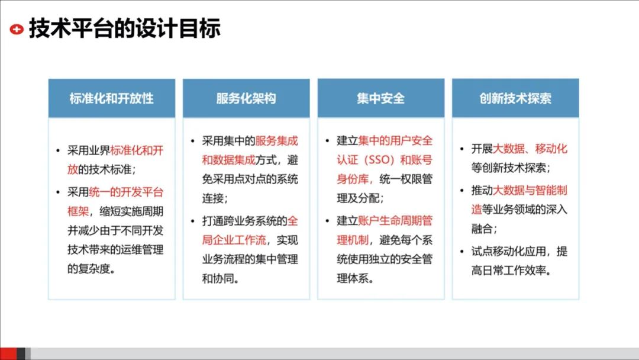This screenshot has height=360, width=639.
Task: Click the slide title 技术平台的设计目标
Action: [x=125, y=28]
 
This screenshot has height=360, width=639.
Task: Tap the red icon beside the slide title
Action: [x=17, y=28]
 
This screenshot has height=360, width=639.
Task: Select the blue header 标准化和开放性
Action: [x=111, y=98]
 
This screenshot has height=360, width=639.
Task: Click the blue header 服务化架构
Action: [x=246, y=98]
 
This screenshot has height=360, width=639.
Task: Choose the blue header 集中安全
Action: [x=380, y=98]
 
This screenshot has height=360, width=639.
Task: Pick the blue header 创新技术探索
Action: [x=515, y=98]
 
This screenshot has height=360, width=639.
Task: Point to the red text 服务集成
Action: [x=276, y=141]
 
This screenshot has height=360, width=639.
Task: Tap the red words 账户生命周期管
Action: [x=395, y=221]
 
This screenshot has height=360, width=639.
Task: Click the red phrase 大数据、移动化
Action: [x=530, y=148]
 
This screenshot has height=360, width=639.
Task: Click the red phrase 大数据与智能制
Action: [x=530, y=190]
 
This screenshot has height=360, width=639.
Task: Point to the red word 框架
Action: [x=78, y=211]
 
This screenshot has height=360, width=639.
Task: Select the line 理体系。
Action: [x=355, y=278]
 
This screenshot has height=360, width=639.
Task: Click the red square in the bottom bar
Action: [x=8, y=353]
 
